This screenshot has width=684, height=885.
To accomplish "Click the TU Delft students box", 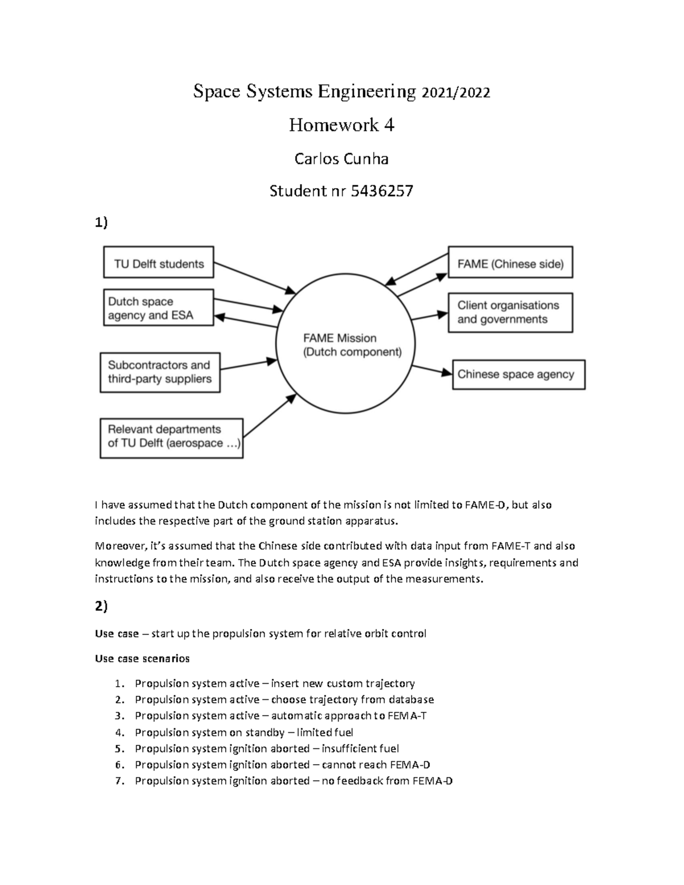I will pos(158,263).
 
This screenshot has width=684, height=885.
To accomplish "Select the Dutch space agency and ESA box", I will pos(158,308).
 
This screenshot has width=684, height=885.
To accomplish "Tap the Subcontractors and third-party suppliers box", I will pos(160,372).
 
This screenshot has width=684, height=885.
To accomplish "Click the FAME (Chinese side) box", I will pos(510,263).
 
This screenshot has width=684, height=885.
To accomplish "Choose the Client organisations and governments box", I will pos(510,312).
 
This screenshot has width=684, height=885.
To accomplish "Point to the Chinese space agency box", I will pos(518,374).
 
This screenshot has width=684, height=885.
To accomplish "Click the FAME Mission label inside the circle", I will pos(340,338).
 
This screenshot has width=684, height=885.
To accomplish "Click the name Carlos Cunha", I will pos(341,158).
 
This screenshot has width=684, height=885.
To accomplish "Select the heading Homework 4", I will pos(341,125).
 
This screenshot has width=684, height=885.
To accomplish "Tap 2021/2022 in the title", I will pos(455,92).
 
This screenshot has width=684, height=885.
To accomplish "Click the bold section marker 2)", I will pos(101,607).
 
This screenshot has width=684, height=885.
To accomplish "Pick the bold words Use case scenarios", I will pos(142,658).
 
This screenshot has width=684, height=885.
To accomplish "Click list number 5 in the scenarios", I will pos(119,748).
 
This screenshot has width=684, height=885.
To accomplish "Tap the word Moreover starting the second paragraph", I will pos(117,546).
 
